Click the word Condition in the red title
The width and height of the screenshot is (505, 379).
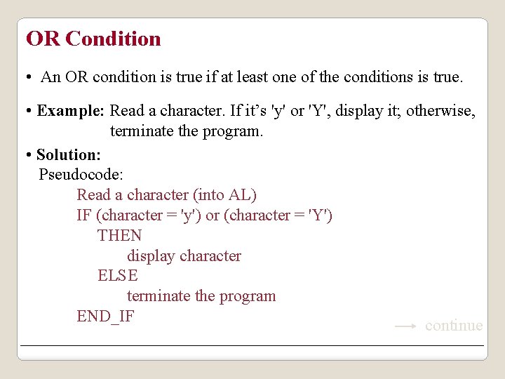pos(113,39)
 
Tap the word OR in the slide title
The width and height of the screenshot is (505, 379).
pos(43,39)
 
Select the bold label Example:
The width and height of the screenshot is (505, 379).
pos(71,111)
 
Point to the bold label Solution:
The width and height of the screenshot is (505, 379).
pos(69,154)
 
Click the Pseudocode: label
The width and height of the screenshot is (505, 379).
pos(81,175)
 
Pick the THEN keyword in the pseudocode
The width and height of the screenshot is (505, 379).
pos(120,236)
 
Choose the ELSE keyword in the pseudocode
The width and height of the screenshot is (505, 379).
pos(118,276)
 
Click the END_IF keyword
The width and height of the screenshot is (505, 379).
pos(105,317)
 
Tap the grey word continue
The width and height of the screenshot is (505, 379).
pos(454,326)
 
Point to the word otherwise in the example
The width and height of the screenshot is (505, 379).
pos(440,111)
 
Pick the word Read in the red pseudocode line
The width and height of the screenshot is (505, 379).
pos(93,195)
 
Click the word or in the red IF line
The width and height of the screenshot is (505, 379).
pos(212,215)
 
